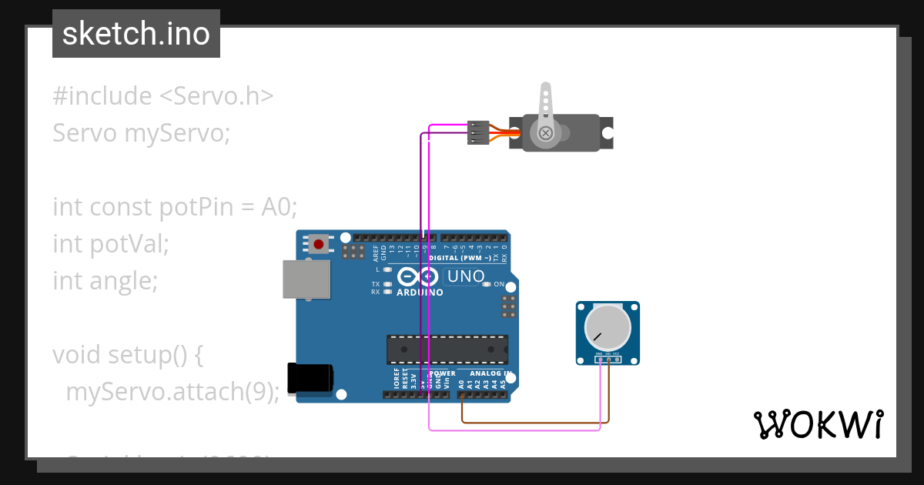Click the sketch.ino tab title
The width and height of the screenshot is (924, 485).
(x=136, y=34)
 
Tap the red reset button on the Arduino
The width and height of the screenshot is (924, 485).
(x=319, y=245)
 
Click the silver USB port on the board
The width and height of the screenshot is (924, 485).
(x=306, y=279)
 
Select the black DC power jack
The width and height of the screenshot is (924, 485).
(x=310, y=378)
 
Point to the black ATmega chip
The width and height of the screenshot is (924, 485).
(x=447, y=349)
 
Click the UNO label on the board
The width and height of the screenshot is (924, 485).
(x=466, y=276)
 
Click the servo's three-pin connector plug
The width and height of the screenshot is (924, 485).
(x=478, y=132)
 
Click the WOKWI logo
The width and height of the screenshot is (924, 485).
(x=818, y=424)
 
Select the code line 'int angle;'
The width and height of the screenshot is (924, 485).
(x=105, y=281)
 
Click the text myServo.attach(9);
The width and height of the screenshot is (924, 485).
(x=172, y=392)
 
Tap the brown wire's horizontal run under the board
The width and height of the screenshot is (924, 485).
(x=531, y=423)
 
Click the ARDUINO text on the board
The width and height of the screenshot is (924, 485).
(x=420, y=293)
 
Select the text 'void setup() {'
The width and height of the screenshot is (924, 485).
(x=127, y=355)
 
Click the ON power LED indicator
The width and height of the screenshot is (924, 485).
(x=487, y=284)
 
